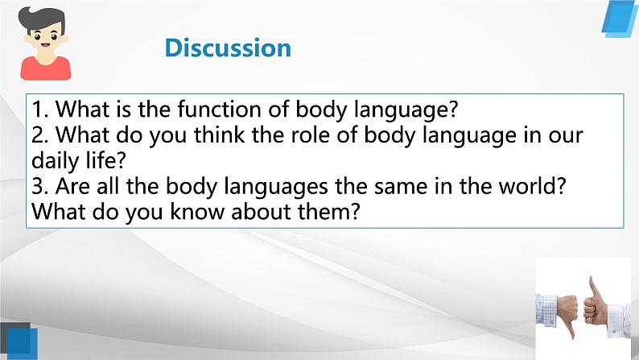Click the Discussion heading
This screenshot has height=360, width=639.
[228, 48]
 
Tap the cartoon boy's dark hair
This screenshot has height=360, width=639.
[41, 17]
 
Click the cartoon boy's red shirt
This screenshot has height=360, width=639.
[46, 68]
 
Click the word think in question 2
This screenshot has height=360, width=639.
[219, 135]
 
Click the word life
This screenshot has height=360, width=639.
[106, 160]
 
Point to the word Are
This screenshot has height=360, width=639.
[72, 186]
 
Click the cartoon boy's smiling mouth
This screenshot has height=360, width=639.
[45, 45]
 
